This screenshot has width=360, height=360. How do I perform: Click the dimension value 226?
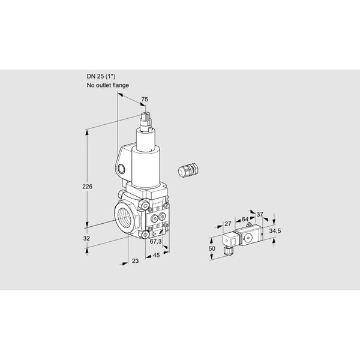pos(87,187)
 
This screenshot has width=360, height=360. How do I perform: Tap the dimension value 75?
pos(145,99)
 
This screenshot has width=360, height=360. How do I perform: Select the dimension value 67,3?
pos(155,241)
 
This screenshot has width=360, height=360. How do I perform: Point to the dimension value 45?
pos(156,255)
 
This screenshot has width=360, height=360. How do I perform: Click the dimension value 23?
pos(136,261)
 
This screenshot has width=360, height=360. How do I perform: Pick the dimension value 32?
pos(86,238)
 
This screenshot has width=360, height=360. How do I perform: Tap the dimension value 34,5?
pos(275,231)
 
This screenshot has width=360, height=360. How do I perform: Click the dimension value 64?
pos(245,220)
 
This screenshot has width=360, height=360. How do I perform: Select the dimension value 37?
pos(260,214)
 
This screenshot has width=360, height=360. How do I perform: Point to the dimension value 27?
pos(228,224)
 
